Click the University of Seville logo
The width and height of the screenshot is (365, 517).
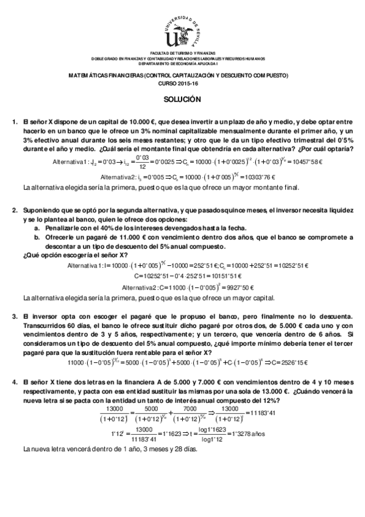coord(182,32)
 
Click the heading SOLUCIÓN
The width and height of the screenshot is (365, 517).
coord(182,99)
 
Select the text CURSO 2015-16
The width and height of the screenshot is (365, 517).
coord(182,83)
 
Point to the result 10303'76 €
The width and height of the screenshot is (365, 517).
coord(261,177)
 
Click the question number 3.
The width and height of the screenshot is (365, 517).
coord(15,316)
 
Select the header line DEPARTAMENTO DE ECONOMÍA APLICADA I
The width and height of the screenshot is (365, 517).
coord(182,63)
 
